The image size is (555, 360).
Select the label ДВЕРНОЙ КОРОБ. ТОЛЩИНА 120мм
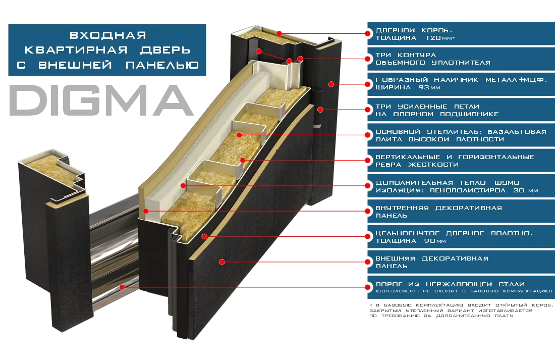[x=414, y=34]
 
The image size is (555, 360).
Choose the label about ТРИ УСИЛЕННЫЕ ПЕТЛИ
[x=437, y=110]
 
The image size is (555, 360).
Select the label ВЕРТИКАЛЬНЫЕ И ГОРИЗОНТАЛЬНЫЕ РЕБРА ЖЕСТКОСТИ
[x=455, y=161]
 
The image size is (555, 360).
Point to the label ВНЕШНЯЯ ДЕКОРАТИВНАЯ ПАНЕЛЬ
[x=431, y=262]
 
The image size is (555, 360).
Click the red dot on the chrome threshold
[x=123, y=287]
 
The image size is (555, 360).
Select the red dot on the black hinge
[x=319, y=109]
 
